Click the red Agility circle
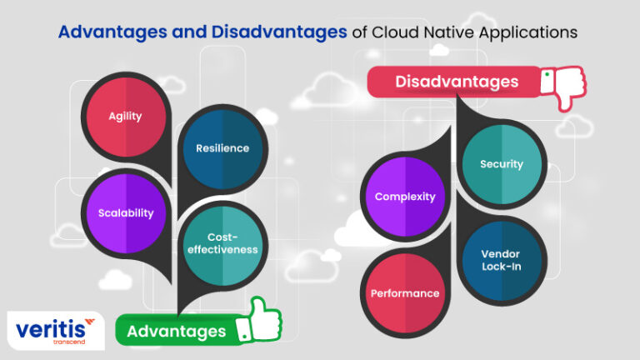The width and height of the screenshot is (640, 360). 125,116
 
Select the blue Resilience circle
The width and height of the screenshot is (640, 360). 222,148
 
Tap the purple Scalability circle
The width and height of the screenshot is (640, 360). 125,212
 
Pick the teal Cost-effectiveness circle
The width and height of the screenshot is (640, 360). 222,242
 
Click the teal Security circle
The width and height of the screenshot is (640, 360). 502,164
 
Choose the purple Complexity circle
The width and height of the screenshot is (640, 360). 405,197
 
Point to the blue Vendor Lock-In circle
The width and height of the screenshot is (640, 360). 502,259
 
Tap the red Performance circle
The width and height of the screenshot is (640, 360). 405,293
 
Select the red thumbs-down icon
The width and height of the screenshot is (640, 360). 563,87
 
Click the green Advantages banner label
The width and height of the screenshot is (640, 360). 177,331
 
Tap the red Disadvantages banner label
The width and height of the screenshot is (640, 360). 456,82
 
